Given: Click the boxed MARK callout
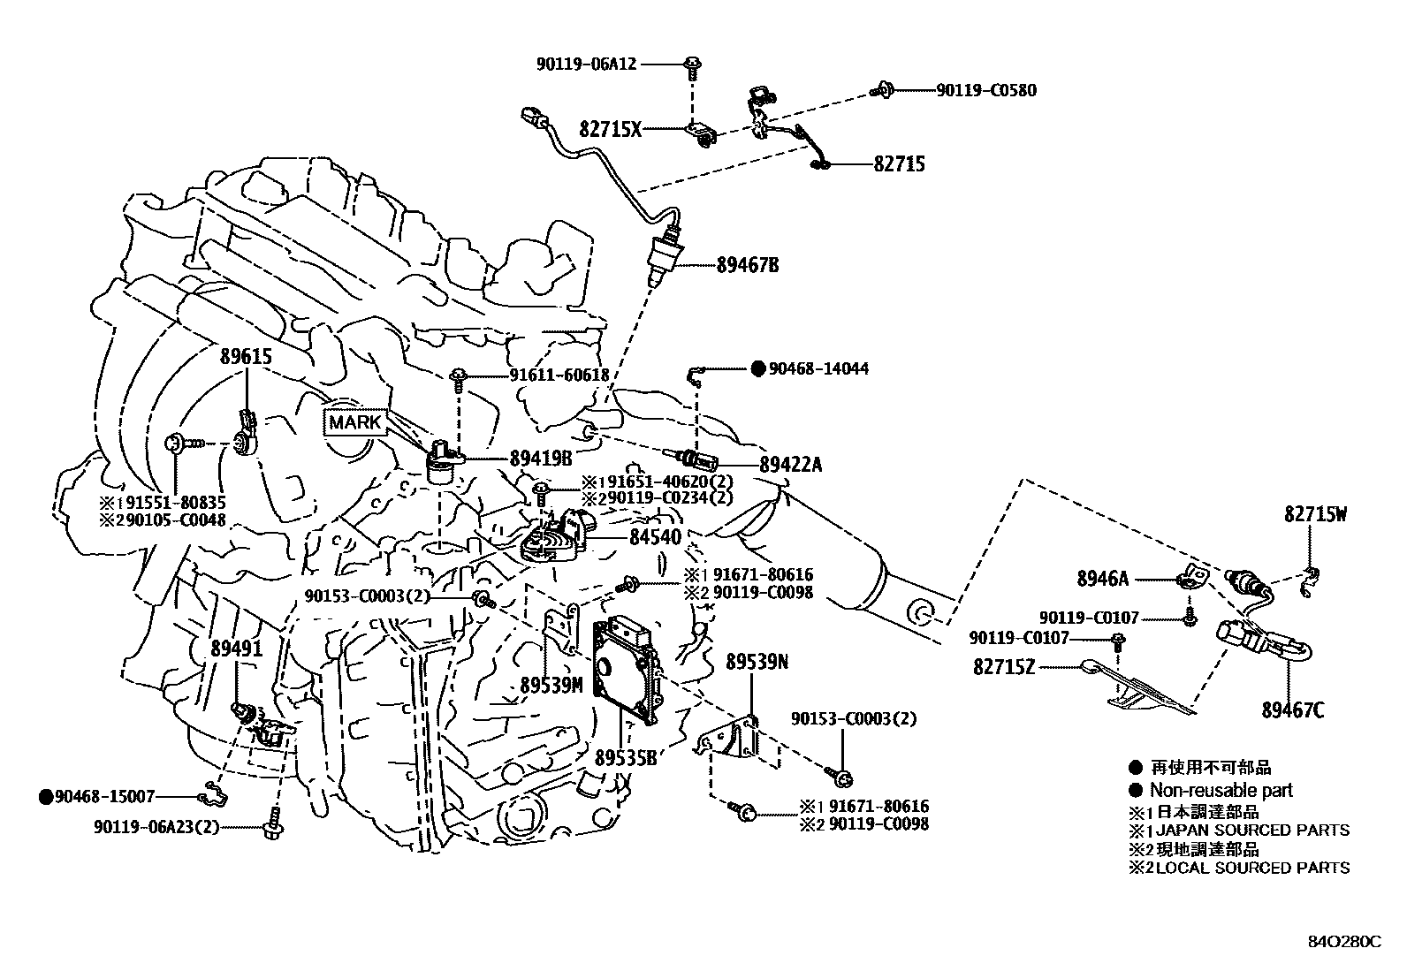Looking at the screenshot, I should point(355,422).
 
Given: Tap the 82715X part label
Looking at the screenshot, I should point(610,129).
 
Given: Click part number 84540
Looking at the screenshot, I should point(655,537).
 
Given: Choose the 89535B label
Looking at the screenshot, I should point(626,757).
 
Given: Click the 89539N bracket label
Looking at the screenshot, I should point(757,662).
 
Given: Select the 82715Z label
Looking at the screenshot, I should point(1003,667).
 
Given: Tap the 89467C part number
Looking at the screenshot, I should point(1293,709).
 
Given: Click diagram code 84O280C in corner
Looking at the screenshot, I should point(1343,941).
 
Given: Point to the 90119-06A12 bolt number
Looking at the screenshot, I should point(586,64).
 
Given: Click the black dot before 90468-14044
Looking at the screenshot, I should point(757,368).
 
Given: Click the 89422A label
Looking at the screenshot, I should point(790,464).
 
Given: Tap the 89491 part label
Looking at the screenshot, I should point(236,649).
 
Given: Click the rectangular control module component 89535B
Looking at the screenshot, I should point(627,671).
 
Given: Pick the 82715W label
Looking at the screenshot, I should point(1315,514).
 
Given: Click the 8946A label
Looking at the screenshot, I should point(1102,580).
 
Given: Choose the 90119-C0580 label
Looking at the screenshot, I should point(986,90).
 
